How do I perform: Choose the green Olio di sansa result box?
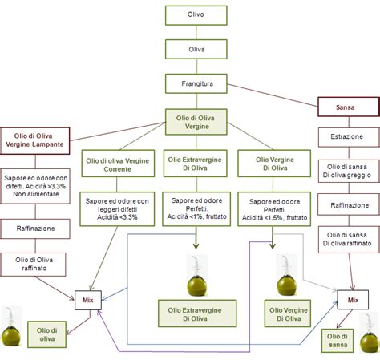click(338, 340)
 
